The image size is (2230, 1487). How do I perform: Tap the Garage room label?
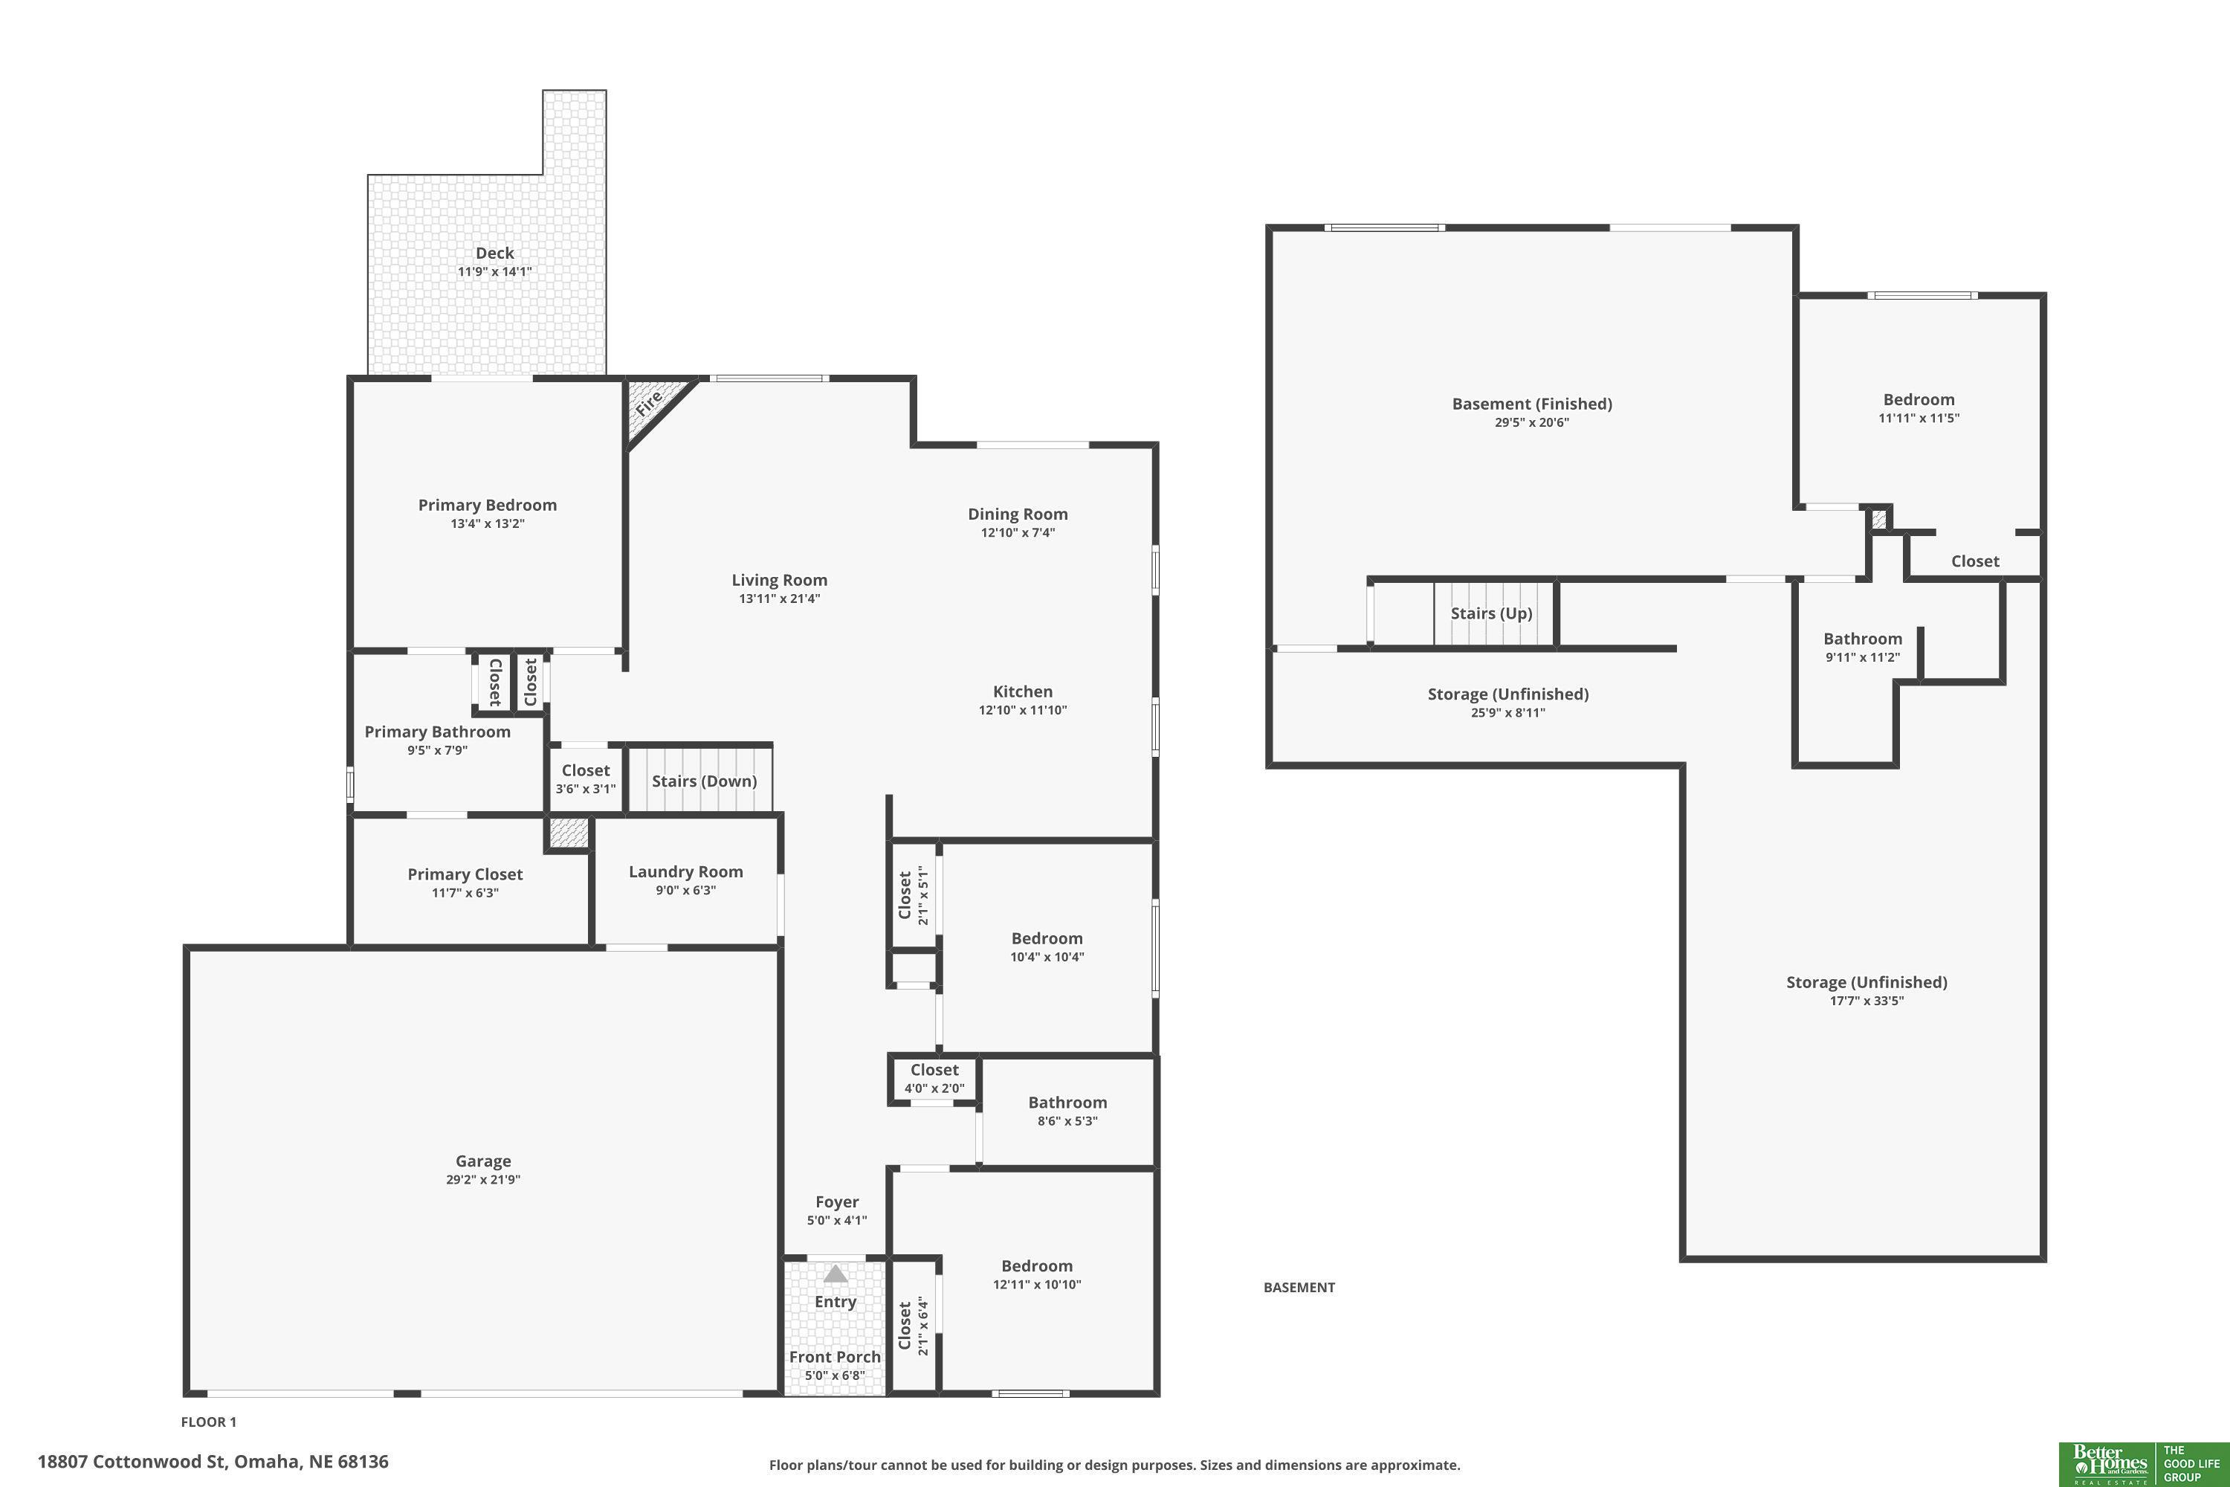point(484,1161)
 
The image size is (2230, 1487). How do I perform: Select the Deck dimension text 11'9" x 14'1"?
point(495,272)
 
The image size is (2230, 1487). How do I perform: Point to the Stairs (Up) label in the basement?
point(1491,613)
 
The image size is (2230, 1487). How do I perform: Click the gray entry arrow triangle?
point(836,1274)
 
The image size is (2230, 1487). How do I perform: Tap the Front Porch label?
point(836,1357)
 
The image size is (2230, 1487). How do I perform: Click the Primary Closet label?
point(465,874)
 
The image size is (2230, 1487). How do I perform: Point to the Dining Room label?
point(1018,514)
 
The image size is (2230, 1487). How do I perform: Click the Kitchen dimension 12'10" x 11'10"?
point(1023,710)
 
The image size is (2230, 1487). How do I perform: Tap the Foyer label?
point(837,1202)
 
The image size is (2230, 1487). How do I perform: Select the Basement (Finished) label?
point(1532,404)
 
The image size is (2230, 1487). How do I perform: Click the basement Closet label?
point(1975,561)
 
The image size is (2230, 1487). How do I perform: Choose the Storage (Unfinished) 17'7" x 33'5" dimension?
point(1867,1001)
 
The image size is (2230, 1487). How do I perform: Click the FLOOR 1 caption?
point(209,1422)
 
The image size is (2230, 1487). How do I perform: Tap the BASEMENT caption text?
point(1299,1288)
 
